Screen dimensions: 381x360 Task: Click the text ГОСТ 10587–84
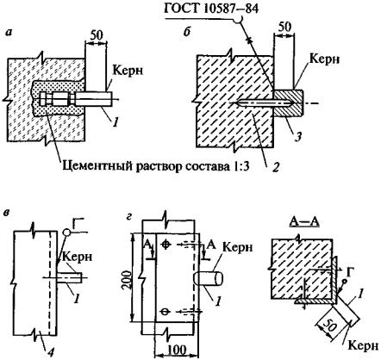(x=211, y=9)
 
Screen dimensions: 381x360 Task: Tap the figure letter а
(x=9, y=34)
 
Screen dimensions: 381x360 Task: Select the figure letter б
(x=187, y=33)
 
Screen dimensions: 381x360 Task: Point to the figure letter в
(x=9, y=213)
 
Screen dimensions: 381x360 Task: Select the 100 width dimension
(x=177, y=351)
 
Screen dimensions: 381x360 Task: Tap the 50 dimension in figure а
(x=96, y=35)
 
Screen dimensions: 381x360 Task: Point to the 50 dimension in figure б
(x=284, y=27)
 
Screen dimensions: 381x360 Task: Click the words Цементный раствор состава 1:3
(x=155, y=166)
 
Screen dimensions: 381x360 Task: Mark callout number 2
(x=275, y=167)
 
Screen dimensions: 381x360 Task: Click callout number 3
(x=299, y=137)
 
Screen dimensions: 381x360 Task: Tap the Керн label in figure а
(x=128, y=71)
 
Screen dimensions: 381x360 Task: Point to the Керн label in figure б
(x=325, y=59)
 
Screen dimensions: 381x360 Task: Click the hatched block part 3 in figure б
(x=288, y=103)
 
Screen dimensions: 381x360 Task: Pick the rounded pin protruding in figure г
(x=209, y=279)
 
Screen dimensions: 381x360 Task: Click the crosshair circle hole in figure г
(x=165, y=245)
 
